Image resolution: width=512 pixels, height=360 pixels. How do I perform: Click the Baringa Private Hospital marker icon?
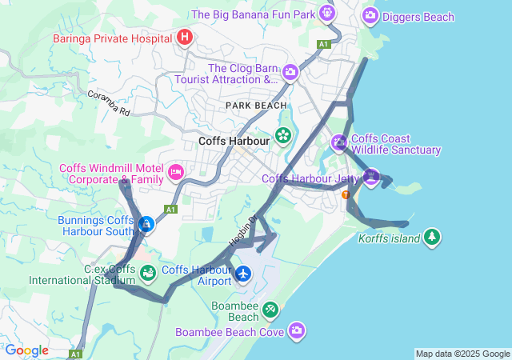(185, 37)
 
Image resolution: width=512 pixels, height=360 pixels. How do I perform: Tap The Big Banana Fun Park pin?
(326, 13)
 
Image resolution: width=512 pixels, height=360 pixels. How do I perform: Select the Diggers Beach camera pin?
(370, 15)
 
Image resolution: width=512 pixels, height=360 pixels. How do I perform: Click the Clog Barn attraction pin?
(290, 73)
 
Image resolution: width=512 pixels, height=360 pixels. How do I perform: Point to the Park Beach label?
(255, 106)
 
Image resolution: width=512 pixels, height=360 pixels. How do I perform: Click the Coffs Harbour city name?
(234, 141)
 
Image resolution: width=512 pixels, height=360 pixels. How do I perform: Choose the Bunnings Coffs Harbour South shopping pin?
(146, 225)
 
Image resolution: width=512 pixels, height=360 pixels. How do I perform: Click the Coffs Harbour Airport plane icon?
(243, 274)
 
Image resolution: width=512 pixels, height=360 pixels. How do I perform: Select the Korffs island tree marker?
(432, 237)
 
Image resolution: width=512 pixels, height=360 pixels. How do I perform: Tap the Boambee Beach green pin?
(271, 309)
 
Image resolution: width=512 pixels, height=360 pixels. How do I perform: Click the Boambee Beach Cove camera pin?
(298, 330)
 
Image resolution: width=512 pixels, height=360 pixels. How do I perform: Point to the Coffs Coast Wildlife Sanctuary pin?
(339, 143)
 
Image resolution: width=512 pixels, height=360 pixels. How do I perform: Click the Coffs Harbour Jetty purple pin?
(370, 175)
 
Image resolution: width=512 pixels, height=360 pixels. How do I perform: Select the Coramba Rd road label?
(109, 104)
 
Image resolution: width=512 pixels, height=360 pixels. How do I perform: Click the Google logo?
(26, 350)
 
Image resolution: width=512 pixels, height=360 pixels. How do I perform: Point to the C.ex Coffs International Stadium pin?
(148, 274)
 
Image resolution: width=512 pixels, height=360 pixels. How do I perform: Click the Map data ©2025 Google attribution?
(462, 354)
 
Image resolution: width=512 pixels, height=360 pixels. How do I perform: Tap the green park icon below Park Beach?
(282, 136)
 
